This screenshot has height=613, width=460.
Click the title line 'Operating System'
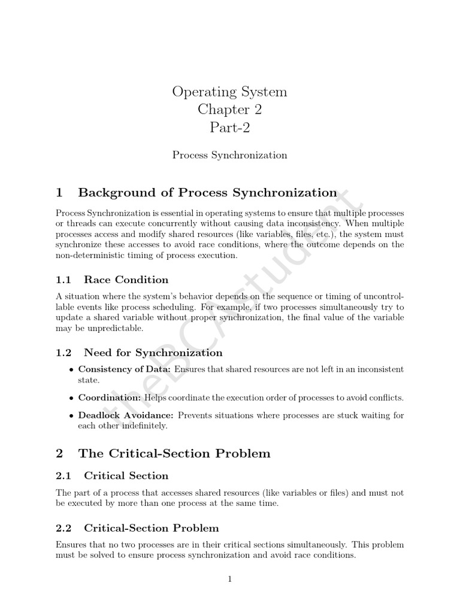[229, 92]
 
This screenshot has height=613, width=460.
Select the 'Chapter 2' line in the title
[229, 110]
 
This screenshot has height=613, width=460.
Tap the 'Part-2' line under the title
[229, 128]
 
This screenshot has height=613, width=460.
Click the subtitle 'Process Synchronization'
[229, 155]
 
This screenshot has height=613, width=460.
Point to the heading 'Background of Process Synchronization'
[208, 193]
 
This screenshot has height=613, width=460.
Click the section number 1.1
[63, 280]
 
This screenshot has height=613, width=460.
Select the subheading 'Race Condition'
[126, 280]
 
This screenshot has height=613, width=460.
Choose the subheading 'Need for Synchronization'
[153, 353]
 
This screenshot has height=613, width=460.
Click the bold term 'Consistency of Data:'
[125, 369]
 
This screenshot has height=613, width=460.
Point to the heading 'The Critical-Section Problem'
[174, 454]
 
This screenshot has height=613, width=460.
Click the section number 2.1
[63, 476]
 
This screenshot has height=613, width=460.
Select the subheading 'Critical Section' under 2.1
[126, 476]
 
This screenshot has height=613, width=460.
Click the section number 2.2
[63, 528]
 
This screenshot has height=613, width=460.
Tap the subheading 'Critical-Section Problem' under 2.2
[151, 528]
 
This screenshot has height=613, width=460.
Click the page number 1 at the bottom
[229, 579]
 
